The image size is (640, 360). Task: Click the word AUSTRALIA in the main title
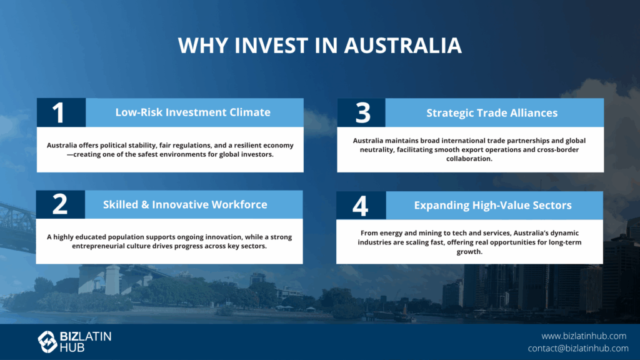coord(403,45)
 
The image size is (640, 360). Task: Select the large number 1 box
coord(61,112)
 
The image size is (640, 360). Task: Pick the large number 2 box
coord(61,204)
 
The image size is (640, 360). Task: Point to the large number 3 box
coord(361,112)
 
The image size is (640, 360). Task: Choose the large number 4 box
coord(361,205)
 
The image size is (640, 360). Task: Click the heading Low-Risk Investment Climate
coord(192,112)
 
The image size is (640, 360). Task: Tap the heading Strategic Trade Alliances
coord(492,113)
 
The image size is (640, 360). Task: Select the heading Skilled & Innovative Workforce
coord(185,204)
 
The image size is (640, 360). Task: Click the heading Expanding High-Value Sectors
coord(492,205)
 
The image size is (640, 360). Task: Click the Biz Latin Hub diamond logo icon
coord(47,342)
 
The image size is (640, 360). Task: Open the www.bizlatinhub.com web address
coord(584,336)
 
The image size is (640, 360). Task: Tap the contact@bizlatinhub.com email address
coord(578,348)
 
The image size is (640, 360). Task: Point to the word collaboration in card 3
coord(469,159)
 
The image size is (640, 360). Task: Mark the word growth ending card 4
coord(469,252)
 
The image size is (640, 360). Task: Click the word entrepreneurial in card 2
coord(98,246)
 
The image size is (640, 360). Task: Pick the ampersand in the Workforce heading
coord(145,205)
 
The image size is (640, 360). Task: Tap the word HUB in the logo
coord(72,347)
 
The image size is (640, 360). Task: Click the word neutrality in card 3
coord(376,150)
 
